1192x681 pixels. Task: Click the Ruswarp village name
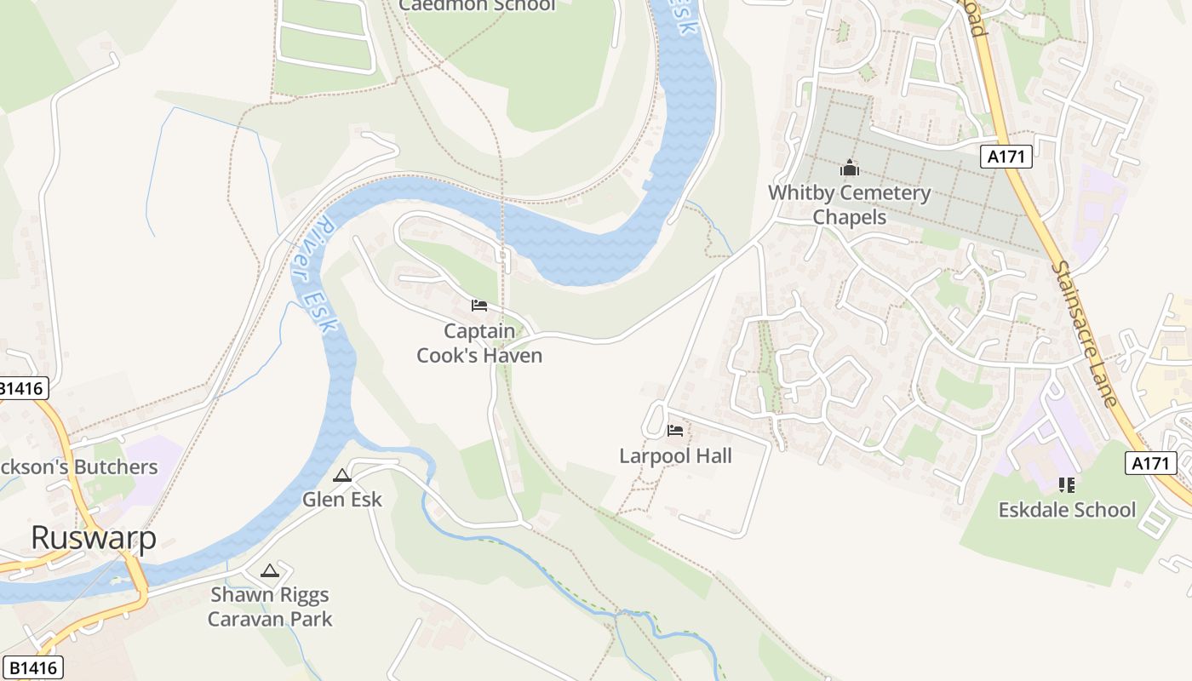point(94,538)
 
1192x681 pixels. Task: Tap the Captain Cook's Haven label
point(479,343)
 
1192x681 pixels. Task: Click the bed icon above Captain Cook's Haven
point(479,306)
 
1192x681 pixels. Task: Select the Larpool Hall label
point(675,455)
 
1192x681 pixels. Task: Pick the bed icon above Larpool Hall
point(675,431)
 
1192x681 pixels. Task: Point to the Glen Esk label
point(342,499)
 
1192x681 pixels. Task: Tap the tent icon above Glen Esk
point(342,476)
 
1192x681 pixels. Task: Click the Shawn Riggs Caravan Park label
point(270,606)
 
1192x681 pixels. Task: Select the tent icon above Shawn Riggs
point(270,570)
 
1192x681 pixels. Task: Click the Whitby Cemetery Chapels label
point(850,204)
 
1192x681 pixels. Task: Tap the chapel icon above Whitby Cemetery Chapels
point(850,169)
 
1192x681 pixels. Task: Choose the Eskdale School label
point(1067,510)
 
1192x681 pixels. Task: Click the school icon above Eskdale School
point(1066,485)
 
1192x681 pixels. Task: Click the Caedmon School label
point(477,5)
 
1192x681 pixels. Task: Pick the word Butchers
point(117,467)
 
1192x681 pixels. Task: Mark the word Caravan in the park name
point(247,619)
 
